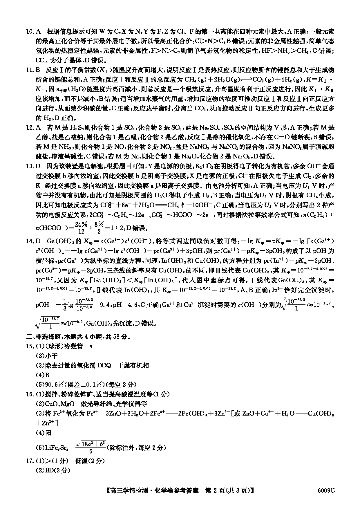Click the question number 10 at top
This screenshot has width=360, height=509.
29,32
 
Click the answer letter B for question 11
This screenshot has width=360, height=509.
37,70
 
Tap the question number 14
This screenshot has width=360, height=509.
29,241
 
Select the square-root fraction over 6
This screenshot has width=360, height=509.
91,447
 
